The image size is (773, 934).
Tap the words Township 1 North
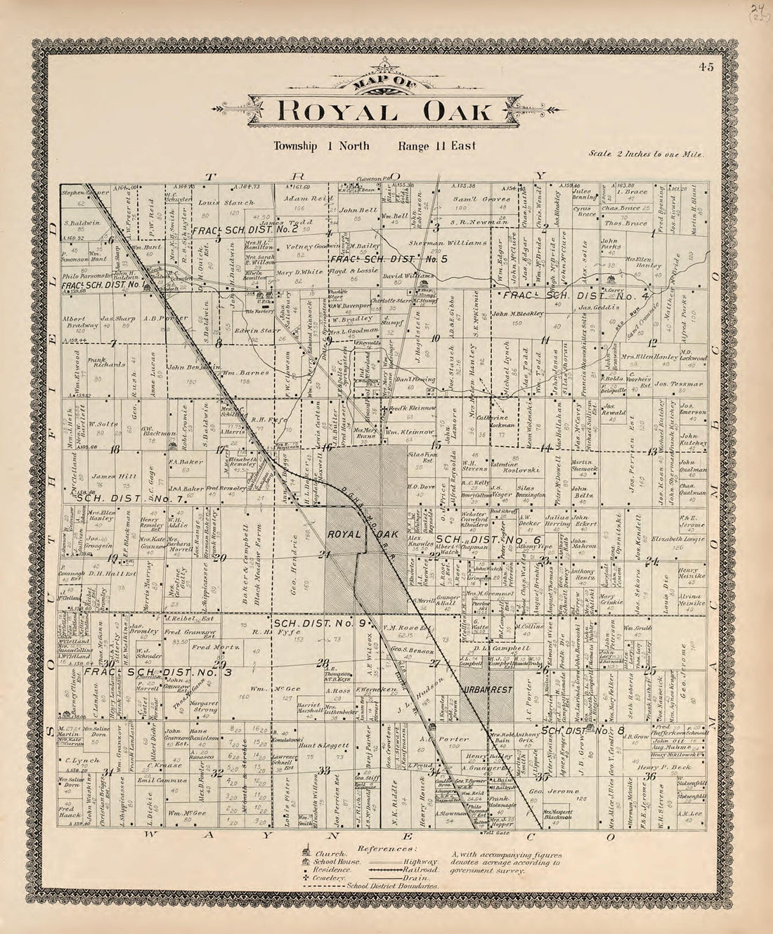[x=315, y=147]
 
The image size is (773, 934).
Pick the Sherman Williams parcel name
[x=448, y=243]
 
